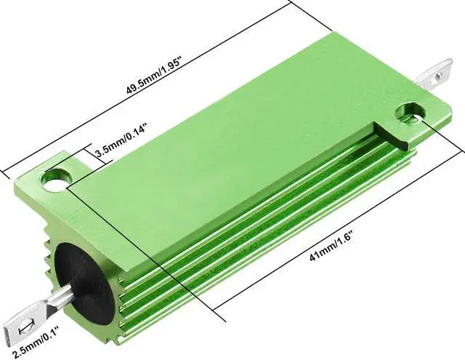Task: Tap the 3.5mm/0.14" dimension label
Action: (121, 141)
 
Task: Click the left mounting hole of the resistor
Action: (55, 180)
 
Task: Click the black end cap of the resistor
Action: (84, 284)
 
